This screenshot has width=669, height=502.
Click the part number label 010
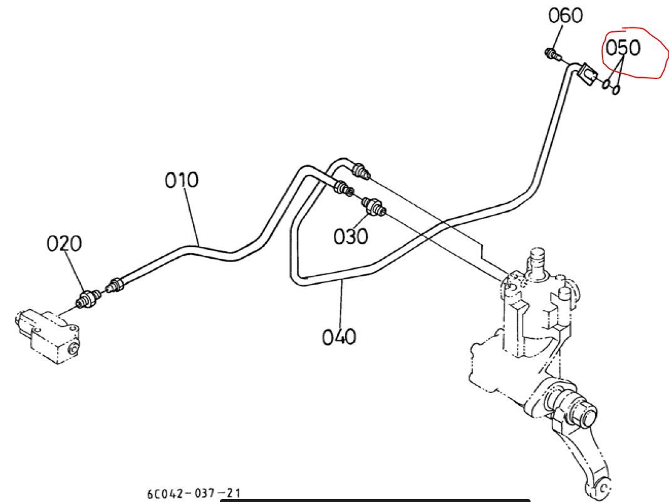click(182, 180)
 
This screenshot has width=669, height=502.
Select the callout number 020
click(64, 244)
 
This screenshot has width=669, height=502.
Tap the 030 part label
click(350, 236)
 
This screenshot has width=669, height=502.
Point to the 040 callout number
click(339, 337)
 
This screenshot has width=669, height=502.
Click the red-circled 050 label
click(623, 48)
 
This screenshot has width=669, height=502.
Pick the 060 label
click(565, 16)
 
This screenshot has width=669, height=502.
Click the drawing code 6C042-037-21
click(194, 493)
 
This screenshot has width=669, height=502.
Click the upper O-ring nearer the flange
click(606, 84)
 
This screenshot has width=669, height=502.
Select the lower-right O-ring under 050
click(616, 90)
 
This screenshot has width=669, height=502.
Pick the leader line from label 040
click(341, 303)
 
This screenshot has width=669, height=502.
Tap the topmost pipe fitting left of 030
click(361, 170)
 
